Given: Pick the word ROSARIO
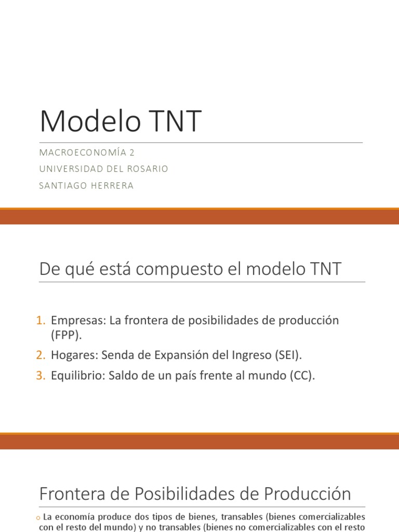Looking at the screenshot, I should (x=147, y=169).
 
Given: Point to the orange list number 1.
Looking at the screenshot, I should (x=41, y=321).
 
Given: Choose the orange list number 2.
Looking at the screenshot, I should (x=41, y=355).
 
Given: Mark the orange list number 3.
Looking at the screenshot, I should (x=41, y=376).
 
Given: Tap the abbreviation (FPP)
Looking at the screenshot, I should (x=66, y=335).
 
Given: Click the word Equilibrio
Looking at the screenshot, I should (x=78, y=376).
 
